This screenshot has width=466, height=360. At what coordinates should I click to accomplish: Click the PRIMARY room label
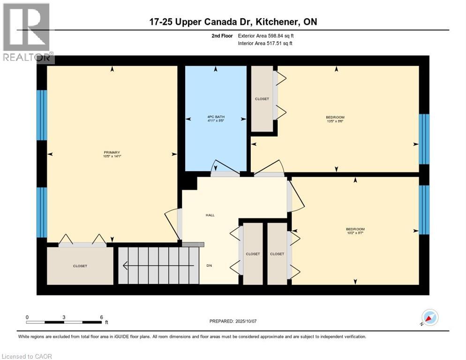coord(112,152)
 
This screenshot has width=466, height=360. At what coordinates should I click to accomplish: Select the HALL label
coord(210,215)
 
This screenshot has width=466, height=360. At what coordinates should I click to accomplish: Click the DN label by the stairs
coord(209,265)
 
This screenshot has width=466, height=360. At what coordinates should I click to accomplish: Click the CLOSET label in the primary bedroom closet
coord(80,266)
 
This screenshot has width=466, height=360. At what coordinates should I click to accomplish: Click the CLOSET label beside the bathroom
coord(262,99)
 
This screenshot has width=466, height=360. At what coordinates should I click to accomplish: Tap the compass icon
coord(429,317)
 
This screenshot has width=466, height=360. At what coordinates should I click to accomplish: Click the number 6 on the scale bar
coord(101,317)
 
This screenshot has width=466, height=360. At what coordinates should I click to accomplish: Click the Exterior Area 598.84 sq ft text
coord(266,36)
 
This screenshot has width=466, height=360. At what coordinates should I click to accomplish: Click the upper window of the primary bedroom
coord(42,115)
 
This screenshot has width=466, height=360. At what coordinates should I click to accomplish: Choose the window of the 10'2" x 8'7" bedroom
coord(424,210)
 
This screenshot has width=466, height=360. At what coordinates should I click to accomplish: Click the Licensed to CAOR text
coord(27,356)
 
